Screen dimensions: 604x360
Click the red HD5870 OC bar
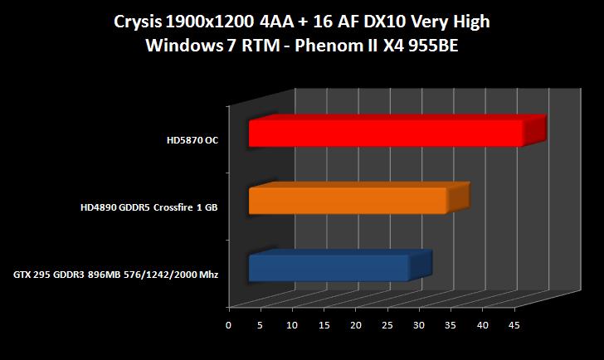coord(397,131)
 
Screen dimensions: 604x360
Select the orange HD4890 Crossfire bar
coord(359,198)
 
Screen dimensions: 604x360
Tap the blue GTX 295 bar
coord(340,265)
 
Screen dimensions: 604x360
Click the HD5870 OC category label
coord(192,140)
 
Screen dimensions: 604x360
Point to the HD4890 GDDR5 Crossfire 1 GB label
coord(149,207)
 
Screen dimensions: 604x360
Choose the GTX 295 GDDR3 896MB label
coord(115,275)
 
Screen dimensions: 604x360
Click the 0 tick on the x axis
coord(229,325)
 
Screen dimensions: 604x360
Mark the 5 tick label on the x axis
coord(260,325)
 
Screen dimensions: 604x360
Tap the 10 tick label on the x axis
coord(291,325)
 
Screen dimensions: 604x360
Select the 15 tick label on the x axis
coord(324,325)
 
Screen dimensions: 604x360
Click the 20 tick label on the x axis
coord(356,325)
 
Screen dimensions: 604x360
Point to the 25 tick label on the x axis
coord(387,325)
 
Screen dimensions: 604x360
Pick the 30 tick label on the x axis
coord(419,325)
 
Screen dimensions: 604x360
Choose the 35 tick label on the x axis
coord(451,325)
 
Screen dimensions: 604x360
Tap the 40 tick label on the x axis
coord(482,325)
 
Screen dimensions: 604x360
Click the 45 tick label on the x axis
coord(514,325)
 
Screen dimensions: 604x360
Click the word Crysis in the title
coord(138,22)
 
